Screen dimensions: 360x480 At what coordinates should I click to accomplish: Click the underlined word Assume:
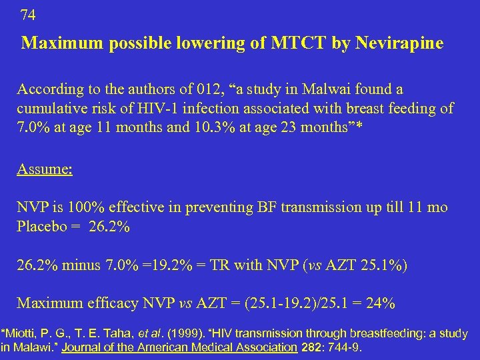pyautogui.click(x=45, y=169)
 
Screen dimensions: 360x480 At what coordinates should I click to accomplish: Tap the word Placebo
pyautogui.click(x=41, y=227)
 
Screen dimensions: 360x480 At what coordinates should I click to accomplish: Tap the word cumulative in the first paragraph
pyautogui.click(x=47, y=108)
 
